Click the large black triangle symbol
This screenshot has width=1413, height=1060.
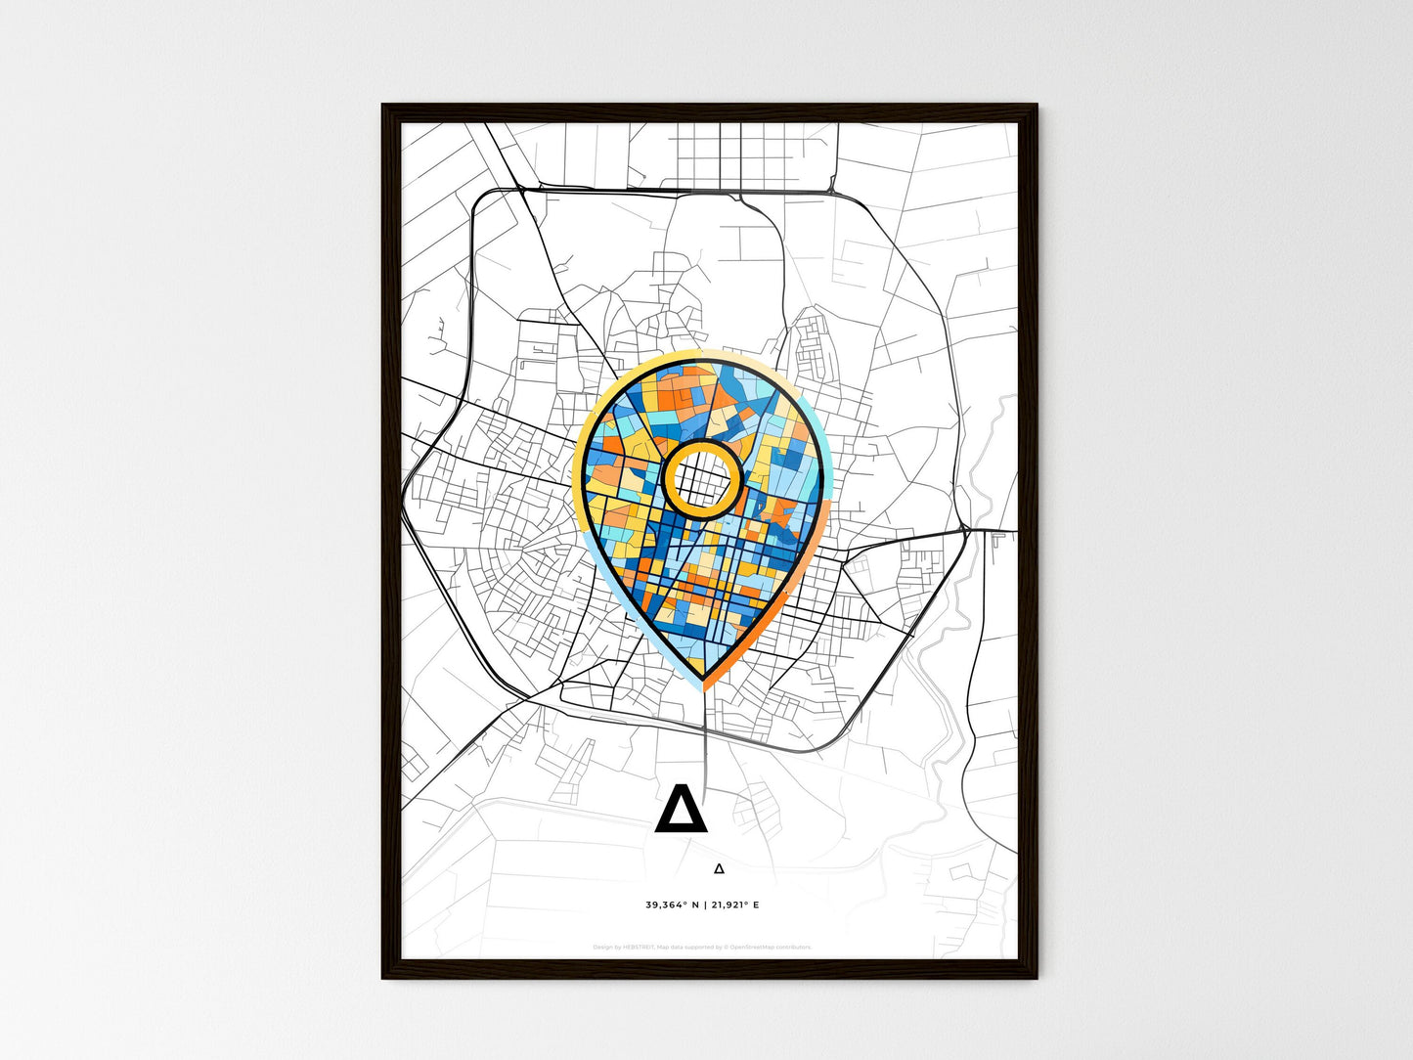click(681, 809)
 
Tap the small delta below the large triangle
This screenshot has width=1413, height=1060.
click(719, 867)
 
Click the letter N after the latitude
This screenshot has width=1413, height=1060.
click(695, 905)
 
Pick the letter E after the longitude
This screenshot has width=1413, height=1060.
click(756, 905)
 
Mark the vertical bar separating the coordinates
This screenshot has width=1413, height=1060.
click(706, 905)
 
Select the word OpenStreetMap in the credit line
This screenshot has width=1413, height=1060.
click(752, 948)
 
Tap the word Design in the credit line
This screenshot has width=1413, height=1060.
click(602, 948)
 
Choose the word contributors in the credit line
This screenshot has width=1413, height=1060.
click(794, 948)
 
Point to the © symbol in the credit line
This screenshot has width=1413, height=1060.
click(726, 948)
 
